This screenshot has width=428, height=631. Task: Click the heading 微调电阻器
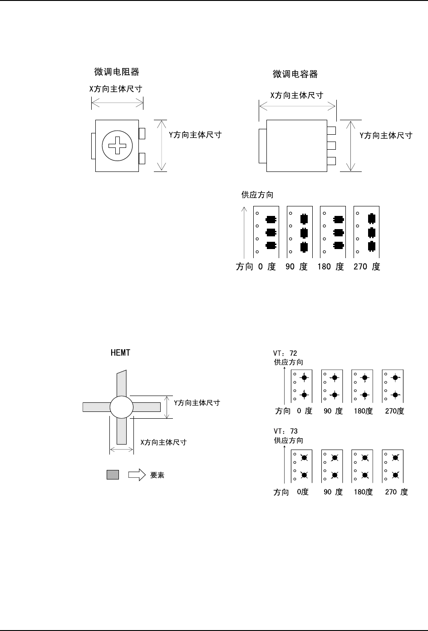(x=116, y=72)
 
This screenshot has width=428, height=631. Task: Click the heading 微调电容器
(x=295, y=74)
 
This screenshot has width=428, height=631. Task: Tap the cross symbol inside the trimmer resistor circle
(x=117, y=146)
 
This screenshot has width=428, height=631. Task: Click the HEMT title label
(x=120, y=352)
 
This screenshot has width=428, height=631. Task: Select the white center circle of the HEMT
(x=121, y=406)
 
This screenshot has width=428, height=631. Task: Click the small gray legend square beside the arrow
(x=113, y=475)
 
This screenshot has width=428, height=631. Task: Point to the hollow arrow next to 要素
(x=137, y=475)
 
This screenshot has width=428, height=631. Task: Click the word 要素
(x=157, y=475)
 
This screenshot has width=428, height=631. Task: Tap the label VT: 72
(x=285, y=353)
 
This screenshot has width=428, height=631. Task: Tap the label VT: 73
(x=285, y=431)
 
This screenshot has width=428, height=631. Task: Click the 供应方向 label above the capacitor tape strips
(x=257, y=195)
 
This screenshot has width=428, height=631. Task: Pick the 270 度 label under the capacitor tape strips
(x=367, y=267)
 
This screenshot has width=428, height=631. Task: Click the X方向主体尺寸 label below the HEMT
(x=163, y=442)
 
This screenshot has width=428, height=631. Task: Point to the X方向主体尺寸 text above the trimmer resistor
(x=116, y=89)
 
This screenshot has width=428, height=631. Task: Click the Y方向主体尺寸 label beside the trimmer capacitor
(x=386, y=135)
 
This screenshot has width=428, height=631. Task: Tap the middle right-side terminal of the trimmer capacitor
(x=331, y=146)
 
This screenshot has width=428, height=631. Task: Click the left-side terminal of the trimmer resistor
(x=93, y=146)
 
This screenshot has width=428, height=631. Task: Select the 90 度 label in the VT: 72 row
(x=333, y=411)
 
